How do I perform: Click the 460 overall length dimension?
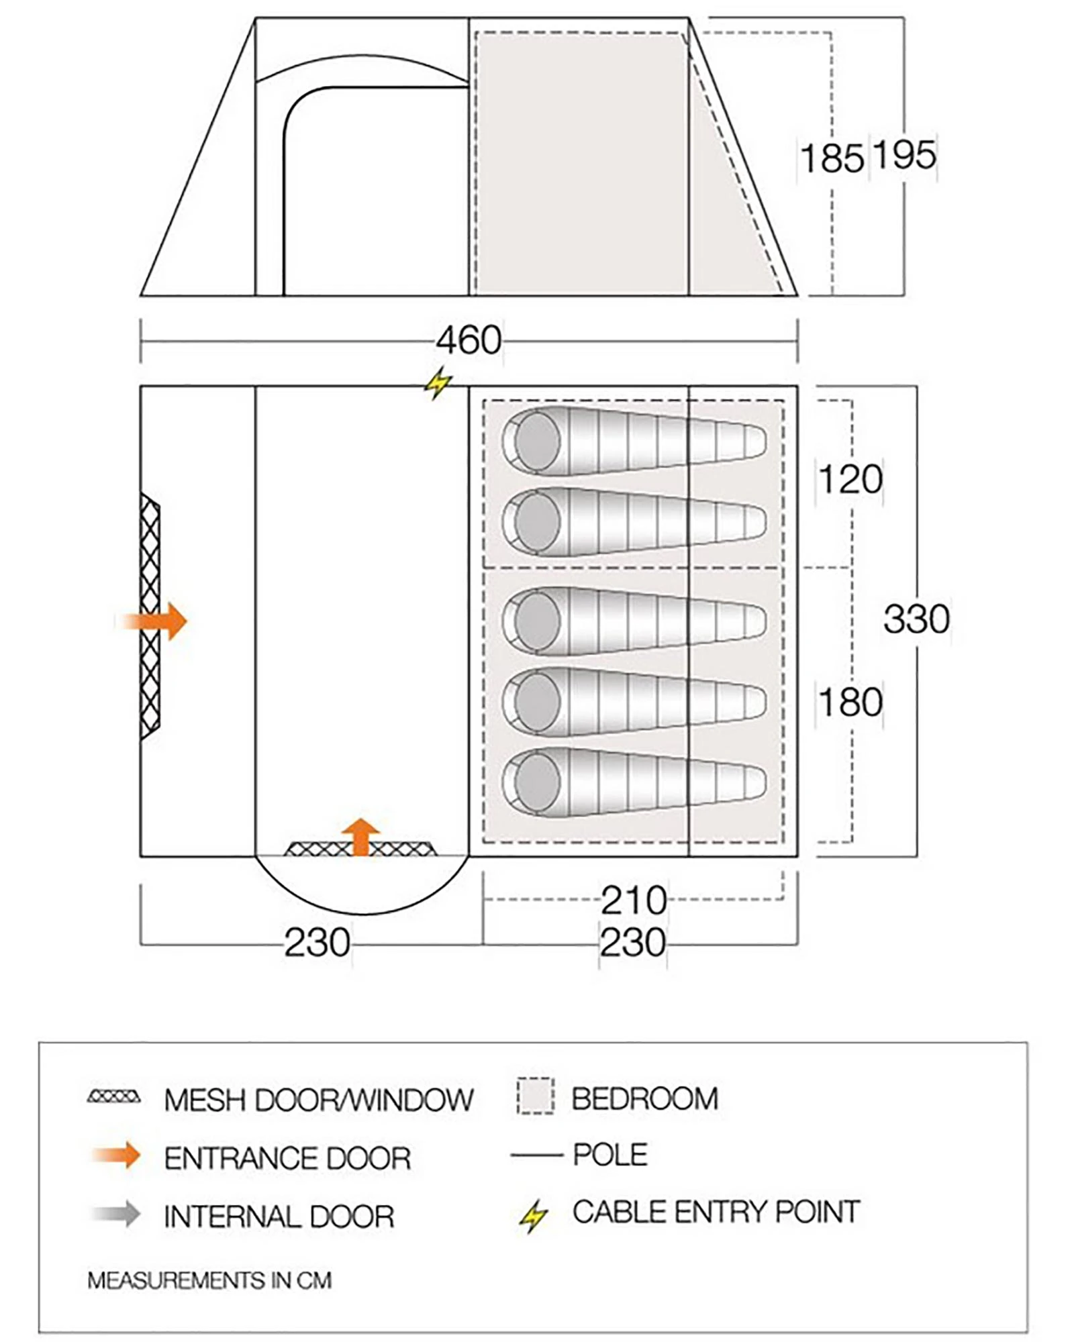469,340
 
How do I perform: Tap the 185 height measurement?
832,159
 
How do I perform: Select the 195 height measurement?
904,155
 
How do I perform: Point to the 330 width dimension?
916,619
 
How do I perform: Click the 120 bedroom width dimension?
850,479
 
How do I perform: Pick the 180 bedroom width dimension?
850,702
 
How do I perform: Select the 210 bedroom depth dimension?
634,900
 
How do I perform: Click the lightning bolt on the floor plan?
438,383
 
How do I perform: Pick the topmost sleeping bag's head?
537,442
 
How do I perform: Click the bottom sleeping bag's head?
537,782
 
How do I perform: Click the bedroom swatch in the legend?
535,1096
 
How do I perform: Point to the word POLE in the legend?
609,1154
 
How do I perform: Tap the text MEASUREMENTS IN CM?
209,1280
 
